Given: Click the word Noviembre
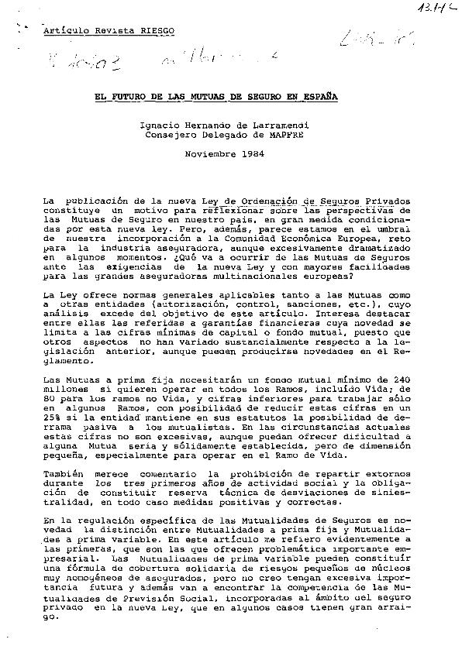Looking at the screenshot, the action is pos(209,153).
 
